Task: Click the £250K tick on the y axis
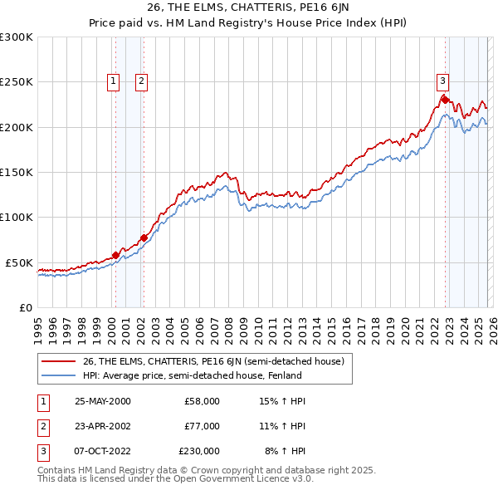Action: click(x=17, y=82)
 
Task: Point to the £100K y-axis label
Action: click(x=17, y=218)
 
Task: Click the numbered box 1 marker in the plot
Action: click(x=113, y=81)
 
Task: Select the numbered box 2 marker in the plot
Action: click(x=142, y=81)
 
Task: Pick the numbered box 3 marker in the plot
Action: click(x=442, y=81)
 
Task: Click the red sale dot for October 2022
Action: click(x=445, y=100)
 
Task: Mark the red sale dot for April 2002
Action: click(x=144, y=238)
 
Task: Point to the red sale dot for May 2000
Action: click(x=115, y=255)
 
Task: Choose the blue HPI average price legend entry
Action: click(x=191, y=375)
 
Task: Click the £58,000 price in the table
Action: click(x=202, y=401)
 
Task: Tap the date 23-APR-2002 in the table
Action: click(x=102, y=426)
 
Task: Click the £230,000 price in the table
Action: click(x=199, y=451)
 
